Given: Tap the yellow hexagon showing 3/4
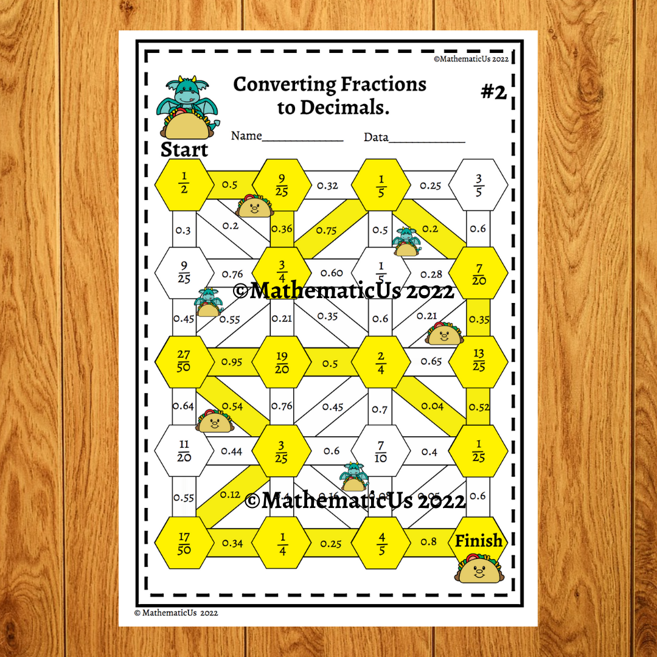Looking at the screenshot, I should tap(282, 271).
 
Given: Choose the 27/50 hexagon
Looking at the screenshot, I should tap(184, 361).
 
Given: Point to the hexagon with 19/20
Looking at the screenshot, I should tap(282, 361).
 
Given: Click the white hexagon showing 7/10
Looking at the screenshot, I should tap(380, 451).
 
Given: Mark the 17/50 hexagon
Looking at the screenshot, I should tap(184, 543).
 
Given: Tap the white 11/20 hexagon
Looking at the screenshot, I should tap(184, 451).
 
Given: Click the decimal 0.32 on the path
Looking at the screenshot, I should tap(328, 186).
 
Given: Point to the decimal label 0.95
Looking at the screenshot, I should tap(231, 362).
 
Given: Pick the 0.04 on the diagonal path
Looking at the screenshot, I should tap(433, 406).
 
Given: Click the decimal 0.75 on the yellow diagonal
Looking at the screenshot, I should tap(327, 230).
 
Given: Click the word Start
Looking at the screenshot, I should tap(184, 150).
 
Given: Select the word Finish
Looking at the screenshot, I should tap(479, 540).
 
